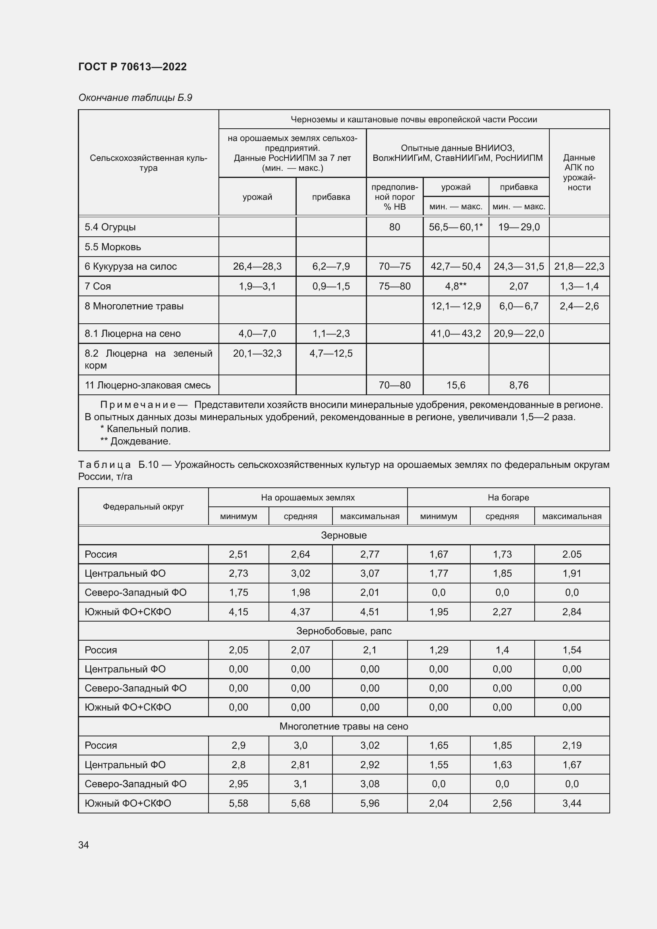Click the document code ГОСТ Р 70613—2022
pos(132,67)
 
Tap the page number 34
pos(84,845)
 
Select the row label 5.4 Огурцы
pos(110,227)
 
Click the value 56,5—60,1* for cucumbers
pos(456,227)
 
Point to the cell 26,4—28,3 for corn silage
pos(257,266)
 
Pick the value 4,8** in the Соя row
pos(456,286)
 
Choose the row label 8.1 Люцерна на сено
pos(132,333)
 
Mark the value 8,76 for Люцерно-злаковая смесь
pos(519,385)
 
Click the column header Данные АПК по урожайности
pos(579,172)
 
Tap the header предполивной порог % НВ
pos(394,197)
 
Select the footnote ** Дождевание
pos(135,441)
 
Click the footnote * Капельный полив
pos(145,429)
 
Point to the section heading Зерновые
pos(344,535)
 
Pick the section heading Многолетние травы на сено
pos(344,726)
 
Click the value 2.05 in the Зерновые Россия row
pos(572,554)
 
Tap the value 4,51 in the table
pos(369,611)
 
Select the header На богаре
pos(508,497)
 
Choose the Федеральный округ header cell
pos(143,506)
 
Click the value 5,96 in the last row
pos(369,803)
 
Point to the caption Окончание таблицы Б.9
pos(135,98)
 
